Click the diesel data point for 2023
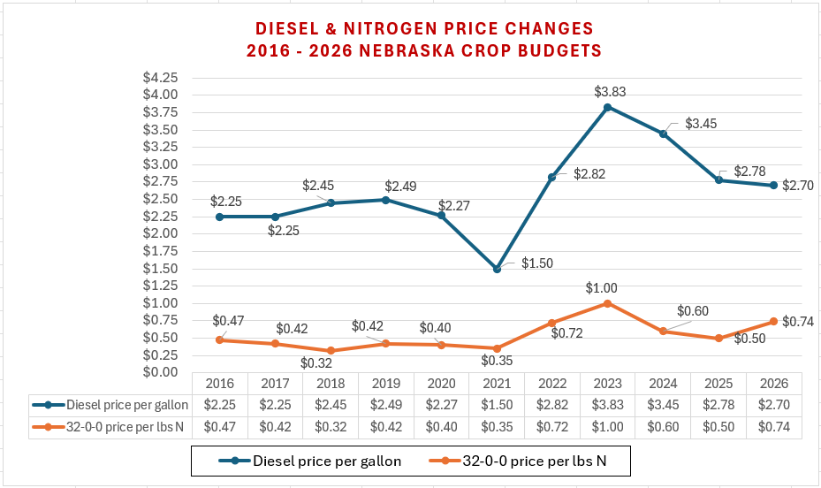[608, 107]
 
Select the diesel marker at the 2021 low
[497, 269]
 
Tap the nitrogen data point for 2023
[608, 303]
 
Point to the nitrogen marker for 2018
[331, 350]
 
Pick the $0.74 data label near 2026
[798, 321]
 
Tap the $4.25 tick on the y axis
[160, 77]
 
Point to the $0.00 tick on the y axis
[160, 372]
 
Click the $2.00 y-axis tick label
[160, 233]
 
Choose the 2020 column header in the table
[441, 384]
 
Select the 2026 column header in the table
[774, 384]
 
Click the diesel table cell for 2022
[552, 405]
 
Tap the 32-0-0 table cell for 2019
[385, 427]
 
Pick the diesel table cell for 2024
[663, 405]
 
